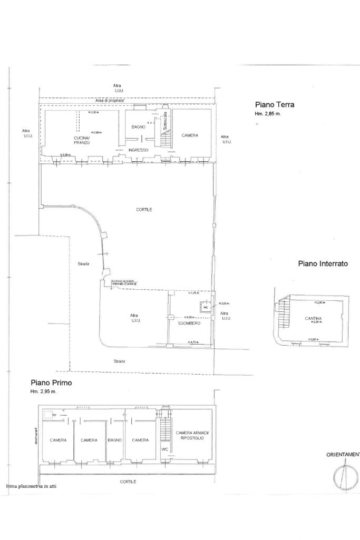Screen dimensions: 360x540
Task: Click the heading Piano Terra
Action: click(275, 104)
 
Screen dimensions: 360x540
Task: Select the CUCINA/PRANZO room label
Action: click(82, 140)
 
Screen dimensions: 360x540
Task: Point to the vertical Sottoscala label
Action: click(165, 121)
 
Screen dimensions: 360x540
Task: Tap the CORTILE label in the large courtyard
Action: click(144, 209)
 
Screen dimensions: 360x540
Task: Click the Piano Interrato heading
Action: click(323, 263)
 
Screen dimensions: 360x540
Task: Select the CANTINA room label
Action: click(314, 318)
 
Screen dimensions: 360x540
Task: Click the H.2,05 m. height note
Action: click(224, 304)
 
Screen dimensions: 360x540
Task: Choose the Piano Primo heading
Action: click(51, 383)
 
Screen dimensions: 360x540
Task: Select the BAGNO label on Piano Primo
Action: click(114, 440)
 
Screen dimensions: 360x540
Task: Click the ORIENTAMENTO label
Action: click(343, 454)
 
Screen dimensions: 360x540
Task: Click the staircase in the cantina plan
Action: click(284, 313)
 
